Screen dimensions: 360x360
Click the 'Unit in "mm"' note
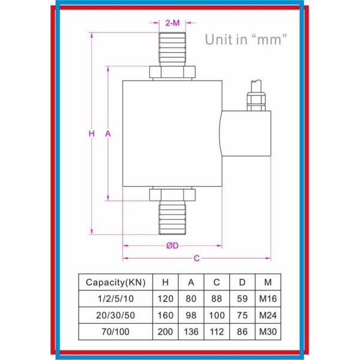(246, 40)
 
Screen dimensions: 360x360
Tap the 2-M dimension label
(172, 23)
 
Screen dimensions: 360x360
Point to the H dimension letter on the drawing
(91, 134)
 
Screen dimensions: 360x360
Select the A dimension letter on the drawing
(108, 134)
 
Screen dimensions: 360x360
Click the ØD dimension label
(172, 245)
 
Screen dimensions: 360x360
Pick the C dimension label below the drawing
(196, 259)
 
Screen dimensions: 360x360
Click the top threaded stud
(172, 50)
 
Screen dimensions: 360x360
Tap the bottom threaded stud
(172, 219)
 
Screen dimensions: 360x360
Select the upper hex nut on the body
(172, 72)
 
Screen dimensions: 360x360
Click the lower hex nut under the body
(172, 195)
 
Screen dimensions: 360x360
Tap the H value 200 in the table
(165, 332)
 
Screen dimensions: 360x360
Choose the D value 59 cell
(242, 299)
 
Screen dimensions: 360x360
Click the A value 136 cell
(191, 332)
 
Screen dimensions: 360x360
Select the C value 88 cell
(217, 299)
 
